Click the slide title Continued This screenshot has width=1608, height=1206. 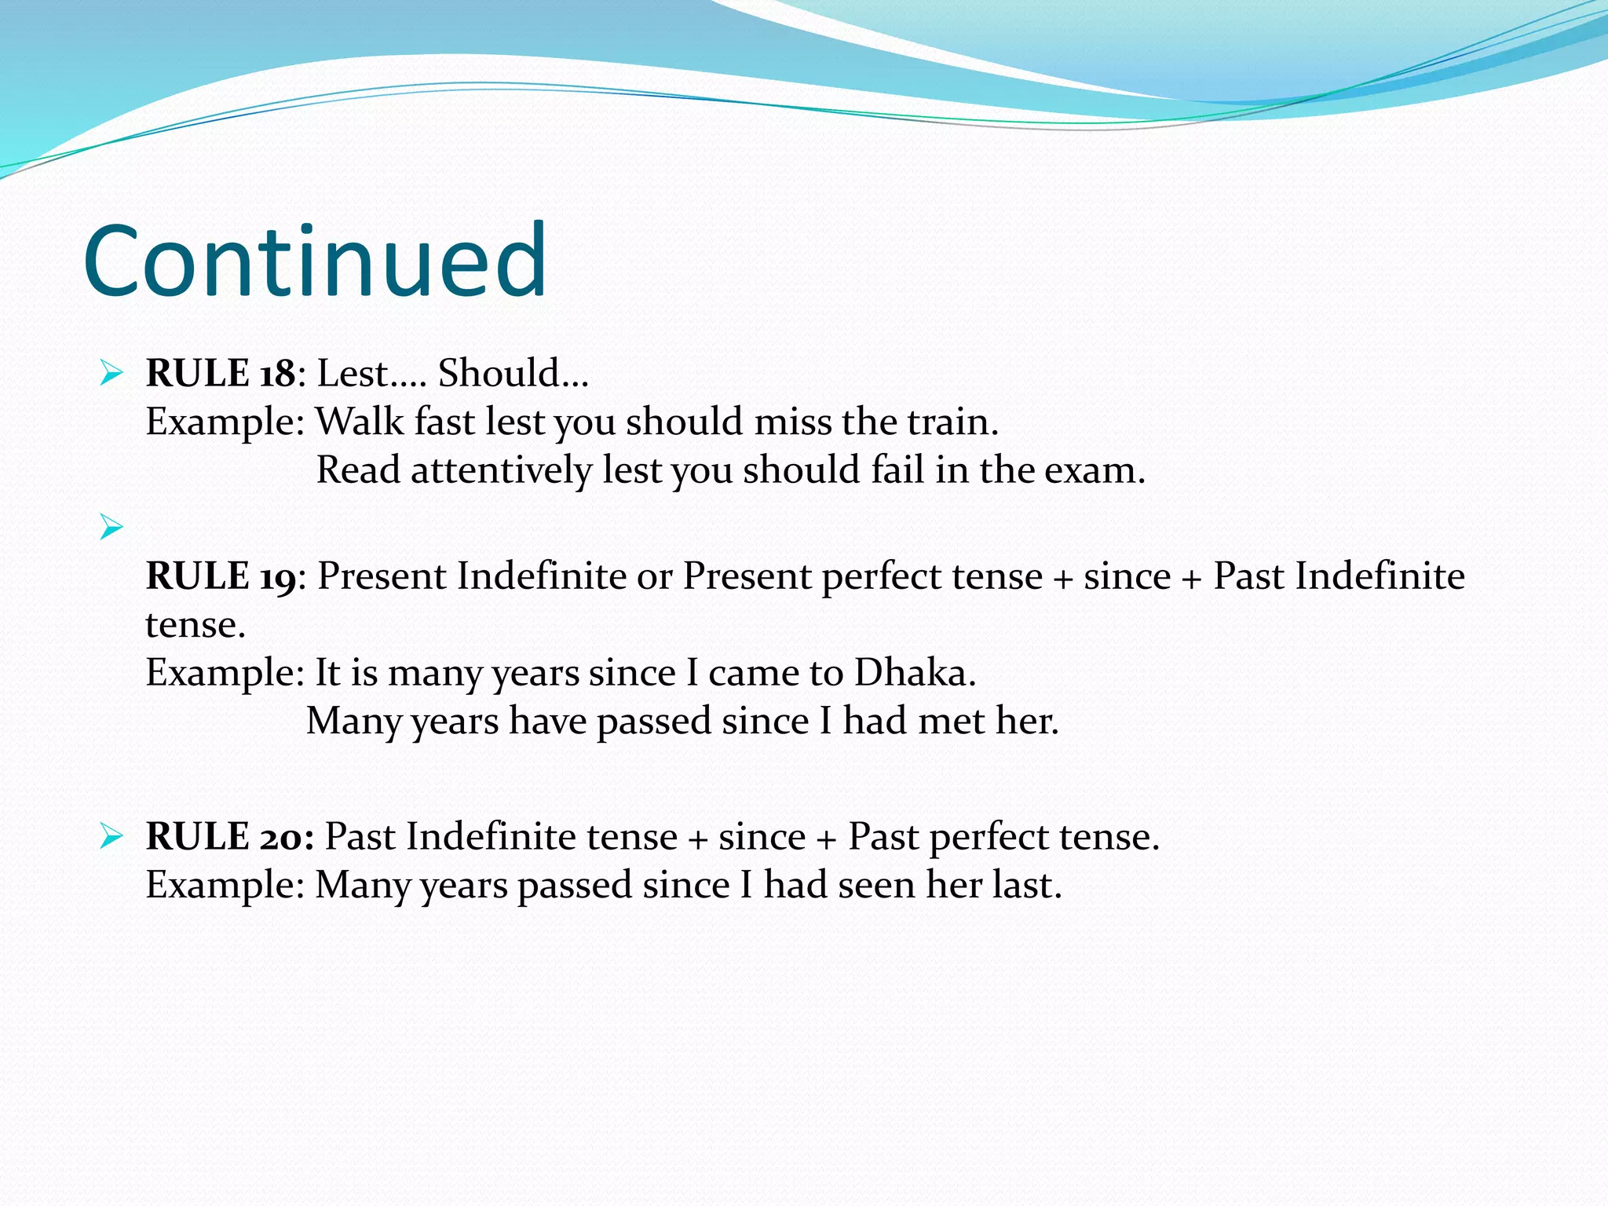pos(315,261)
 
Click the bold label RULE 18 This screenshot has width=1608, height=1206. pos(221,373)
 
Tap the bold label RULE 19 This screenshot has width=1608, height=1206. pos(221,576)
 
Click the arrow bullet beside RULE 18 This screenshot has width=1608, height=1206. pos(111,373)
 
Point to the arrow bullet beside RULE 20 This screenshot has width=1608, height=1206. pos(111,837)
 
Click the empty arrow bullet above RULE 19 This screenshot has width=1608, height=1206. pos(111,527)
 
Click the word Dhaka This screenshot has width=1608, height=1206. pos(913,673)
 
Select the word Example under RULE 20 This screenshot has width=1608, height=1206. pos(224,886)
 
